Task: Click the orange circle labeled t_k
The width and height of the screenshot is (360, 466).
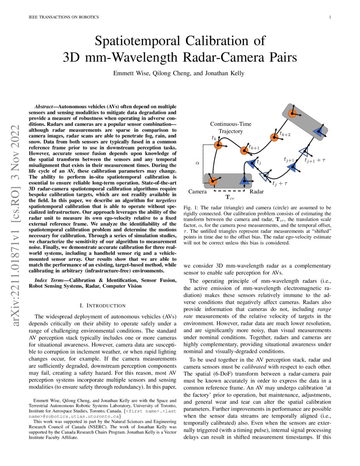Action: tap(218, 145)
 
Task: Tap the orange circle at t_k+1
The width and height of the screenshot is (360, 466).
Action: tap(244, 150)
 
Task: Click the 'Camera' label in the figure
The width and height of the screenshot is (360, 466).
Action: tap(197, 192)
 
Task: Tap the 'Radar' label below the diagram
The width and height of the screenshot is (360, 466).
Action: tap(257, 192)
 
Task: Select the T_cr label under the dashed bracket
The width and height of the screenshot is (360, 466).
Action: tap(229, 197)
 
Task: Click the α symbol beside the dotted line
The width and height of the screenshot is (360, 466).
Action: tap(197, 162)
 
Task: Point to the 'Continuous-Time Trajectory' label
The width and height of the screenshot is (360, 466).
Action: tap(230, 128)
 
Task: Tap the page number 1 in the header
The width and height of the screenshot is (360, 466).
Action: tap(330, 17)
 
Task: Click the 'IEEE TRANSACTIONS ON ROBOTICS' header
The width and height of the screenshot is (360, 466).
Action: tap(64, 17)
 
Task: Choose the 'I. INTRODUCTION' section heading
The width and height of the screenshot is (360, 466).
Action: tap(102, 305)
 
